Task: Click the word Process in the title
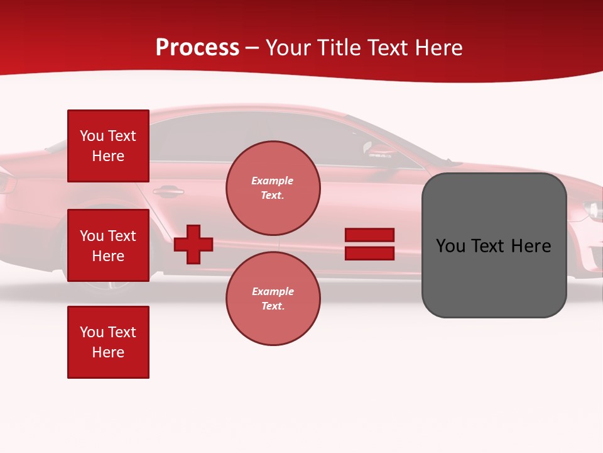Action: point(197,48)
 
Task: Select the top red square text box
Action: point(108,146)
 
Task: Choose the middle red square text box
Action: point(108,245)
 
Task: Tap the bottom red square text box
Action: point(108,342)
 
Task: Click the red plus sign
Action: point(193,244)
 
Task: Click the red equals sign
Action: point(369,244)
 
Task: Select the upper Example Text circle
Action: point(273,188)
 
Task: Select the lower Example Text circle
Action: point(273,299)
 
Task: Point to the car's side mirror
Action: point(379,150)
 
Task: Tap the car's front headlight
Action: point(592,210)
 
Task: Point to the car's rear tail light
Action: point(6,183)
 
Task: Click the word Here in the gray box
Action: point(531,246)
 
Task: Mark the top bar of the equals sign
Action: point(369,235)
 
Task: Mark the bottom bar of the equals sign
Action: point(369,254)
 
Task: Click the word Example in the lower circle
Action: point(273,291)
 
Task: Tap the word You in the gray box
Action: point(451,246)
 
